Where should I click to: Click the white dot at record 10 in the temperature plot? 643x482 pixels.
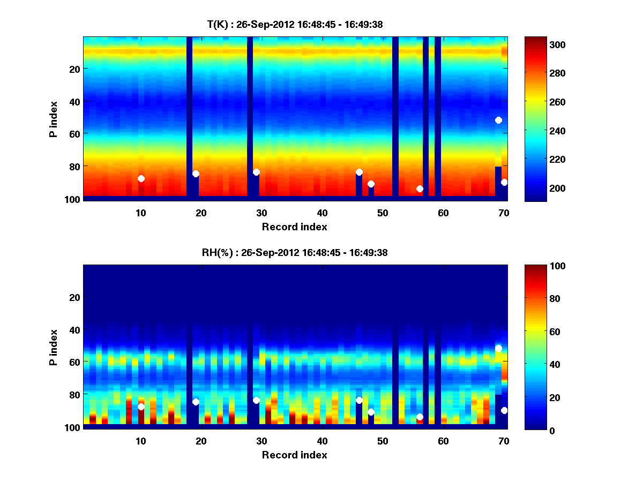(141, 178)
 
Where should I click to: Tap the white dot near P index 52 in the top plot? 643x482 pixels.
(498, 120)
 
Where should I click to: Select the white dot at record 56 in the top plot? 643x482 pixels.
(420, 189)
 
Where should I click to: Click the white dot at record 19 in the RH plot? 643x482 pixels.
(196, 402)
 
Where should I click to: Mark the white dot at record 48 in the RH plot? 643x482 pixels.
(371, 412)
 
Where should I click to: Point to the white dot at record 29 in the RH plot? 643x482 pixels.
(256, 400)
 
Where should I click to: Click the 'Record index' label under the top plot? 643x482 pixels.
(295, 227)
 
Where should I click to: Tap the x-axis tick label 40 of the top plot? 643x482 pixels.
(322, 213)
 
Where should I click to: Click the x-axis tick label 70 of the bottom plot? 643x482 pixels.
(504, 441)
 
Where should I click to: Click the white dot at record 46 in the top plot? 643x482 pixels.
(359, 172)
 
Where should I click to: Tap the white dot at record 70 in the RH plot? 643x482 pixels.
(504, 410)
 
